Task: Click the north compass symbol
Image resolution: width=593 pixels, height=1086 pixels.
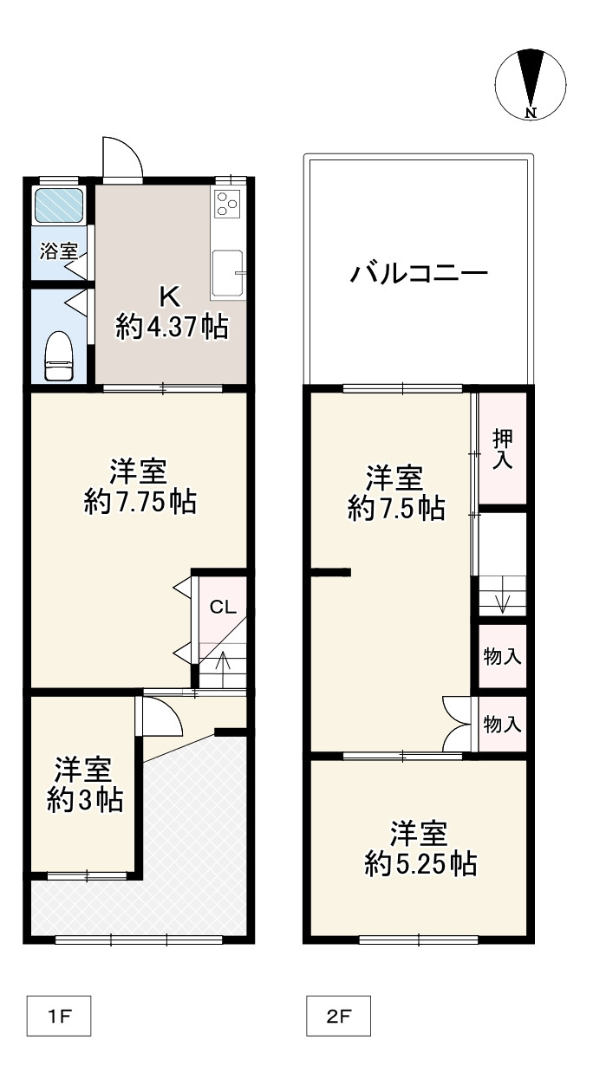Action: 531,83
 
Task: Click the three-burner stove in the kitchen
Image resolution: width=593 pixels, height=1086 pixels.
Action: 227,204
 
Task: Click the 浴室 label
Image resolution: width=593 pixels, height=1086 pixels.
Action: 59,252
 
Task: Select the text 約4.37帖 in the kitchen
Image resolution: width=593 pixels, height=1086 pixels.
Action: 173,327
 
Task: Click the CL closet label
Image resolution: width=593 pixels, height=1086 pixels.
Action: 223,607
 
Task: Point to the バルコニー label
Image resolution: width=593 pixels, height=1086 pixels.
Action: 419,276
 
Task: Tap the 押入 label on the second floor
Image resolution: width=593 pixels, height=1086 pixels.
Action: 502,448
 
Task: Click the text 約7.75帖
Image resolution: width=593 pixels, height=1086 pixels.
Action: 140,502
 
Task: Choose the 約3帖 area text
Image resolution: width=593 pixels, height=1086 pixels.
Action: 84,799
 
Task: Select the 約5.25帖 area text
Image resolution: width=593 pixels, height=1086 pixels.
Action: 420,863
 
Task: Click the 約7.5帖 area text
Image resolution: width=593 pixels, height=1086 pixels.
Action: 396,508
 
